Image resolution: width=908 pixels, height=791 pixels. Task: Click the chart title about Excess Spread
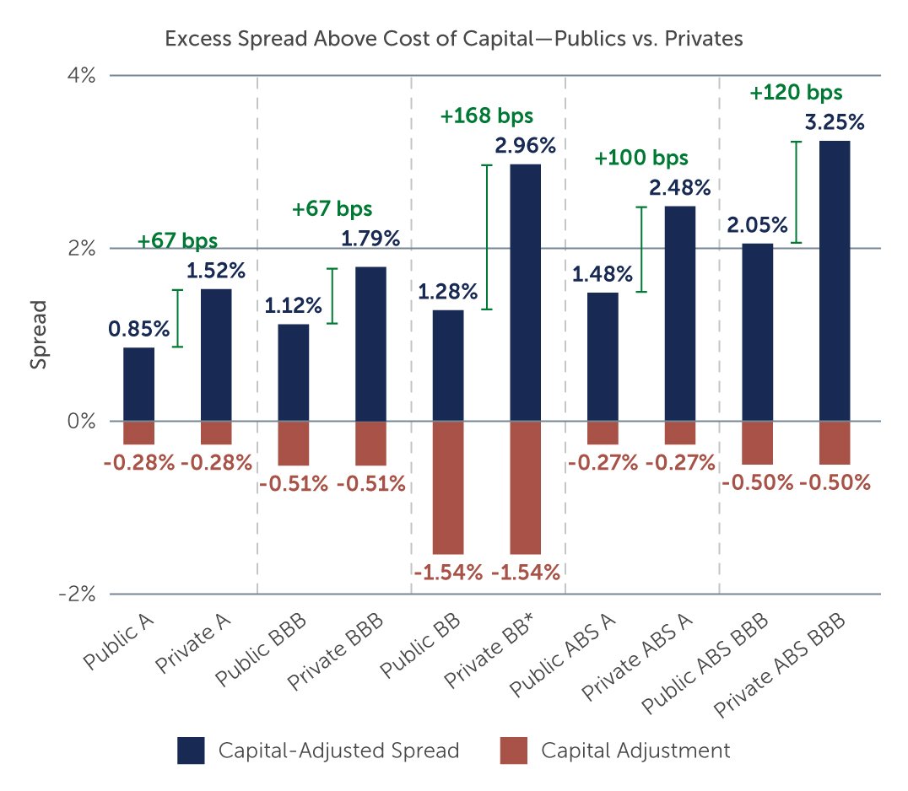click(453, 38)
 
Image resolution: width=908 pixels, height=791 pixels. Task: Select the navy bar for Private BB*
click(525, 292)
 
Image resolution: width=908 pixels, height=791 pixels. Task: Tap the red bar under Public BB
click(447, 487)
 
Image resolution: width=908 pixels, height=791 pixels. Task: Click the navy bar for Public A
click(138, 384)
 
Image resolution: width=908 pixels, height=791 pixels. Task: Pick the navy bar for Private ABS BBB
click(834, 280)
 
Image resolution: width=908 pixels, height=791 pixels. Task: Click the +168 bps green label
click(487, 116)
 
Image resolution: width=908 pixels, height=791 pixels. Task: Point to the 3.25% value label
click(834, 122)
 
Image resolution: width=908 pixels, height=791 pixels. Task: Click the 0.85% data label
click(138, 328)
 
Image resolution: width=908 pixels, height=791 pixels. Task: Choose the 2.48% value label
click(679, 187)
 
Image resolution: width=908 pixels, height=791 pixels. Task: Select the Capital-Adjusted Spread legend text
click(338, 751)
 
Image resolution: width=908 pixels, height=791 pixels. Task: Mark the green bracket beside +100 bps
click(640, 249)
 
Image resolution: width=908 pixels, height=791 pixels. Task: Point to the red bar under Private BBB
click(370, 443)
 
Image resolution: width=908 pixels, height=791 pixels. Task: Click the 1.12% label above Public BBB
click(293, 305)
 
